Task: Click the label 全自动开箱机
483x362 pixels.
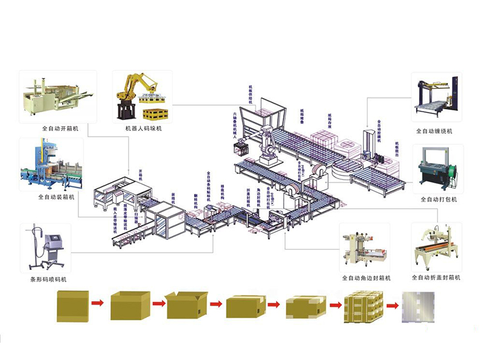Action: (x=53, y=129)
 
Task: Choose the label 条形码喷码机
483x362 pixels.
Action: (x=49, y=279)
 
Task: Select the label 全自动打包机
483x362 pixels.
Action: (x=439, y=199)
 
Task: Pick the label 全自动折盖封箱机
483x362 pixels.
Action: (x=436, y=278)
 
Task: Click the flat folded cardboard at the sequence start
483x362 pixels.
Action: (x=72, y=305)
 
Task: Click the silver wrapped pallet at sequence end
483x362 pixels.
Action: (x=419, y=305)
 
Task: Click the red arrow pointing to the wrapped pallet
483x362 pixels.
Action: (x=393, y=305)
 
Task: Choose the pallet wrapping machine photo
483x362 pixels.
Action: (x=437, y=97)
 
